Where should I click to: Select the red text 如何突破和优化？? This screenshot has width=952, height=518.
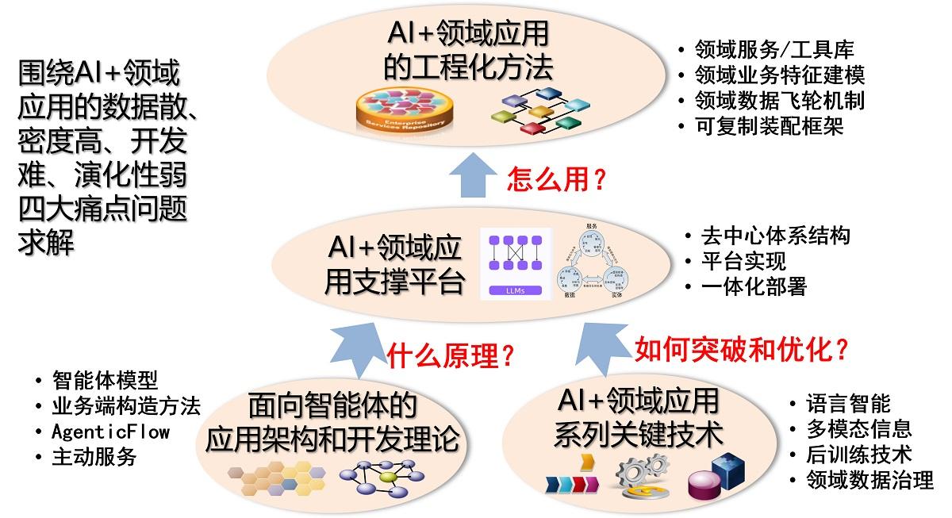tap(742, 348)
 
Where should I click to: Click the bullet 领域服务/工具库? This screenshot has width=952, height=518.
tap(773, 50)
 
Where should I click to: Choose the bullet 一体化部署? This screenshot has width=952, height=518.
tap(754, 286)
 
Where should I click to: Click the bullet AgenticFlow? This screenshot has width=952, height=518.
tap(110, 432)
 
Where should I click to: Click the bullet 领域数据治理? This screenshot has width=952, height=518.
tap(869, 480)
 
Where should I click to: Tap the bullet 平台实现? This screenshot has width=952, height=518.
tap(743, 261)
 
